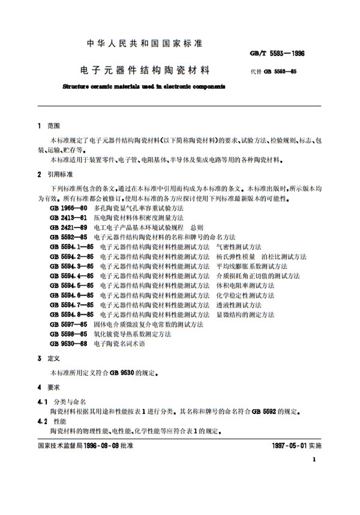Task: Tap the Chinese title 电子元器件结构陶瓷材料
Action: coord(148,70)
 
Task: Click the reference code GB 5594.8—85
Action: coord(68,314)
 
